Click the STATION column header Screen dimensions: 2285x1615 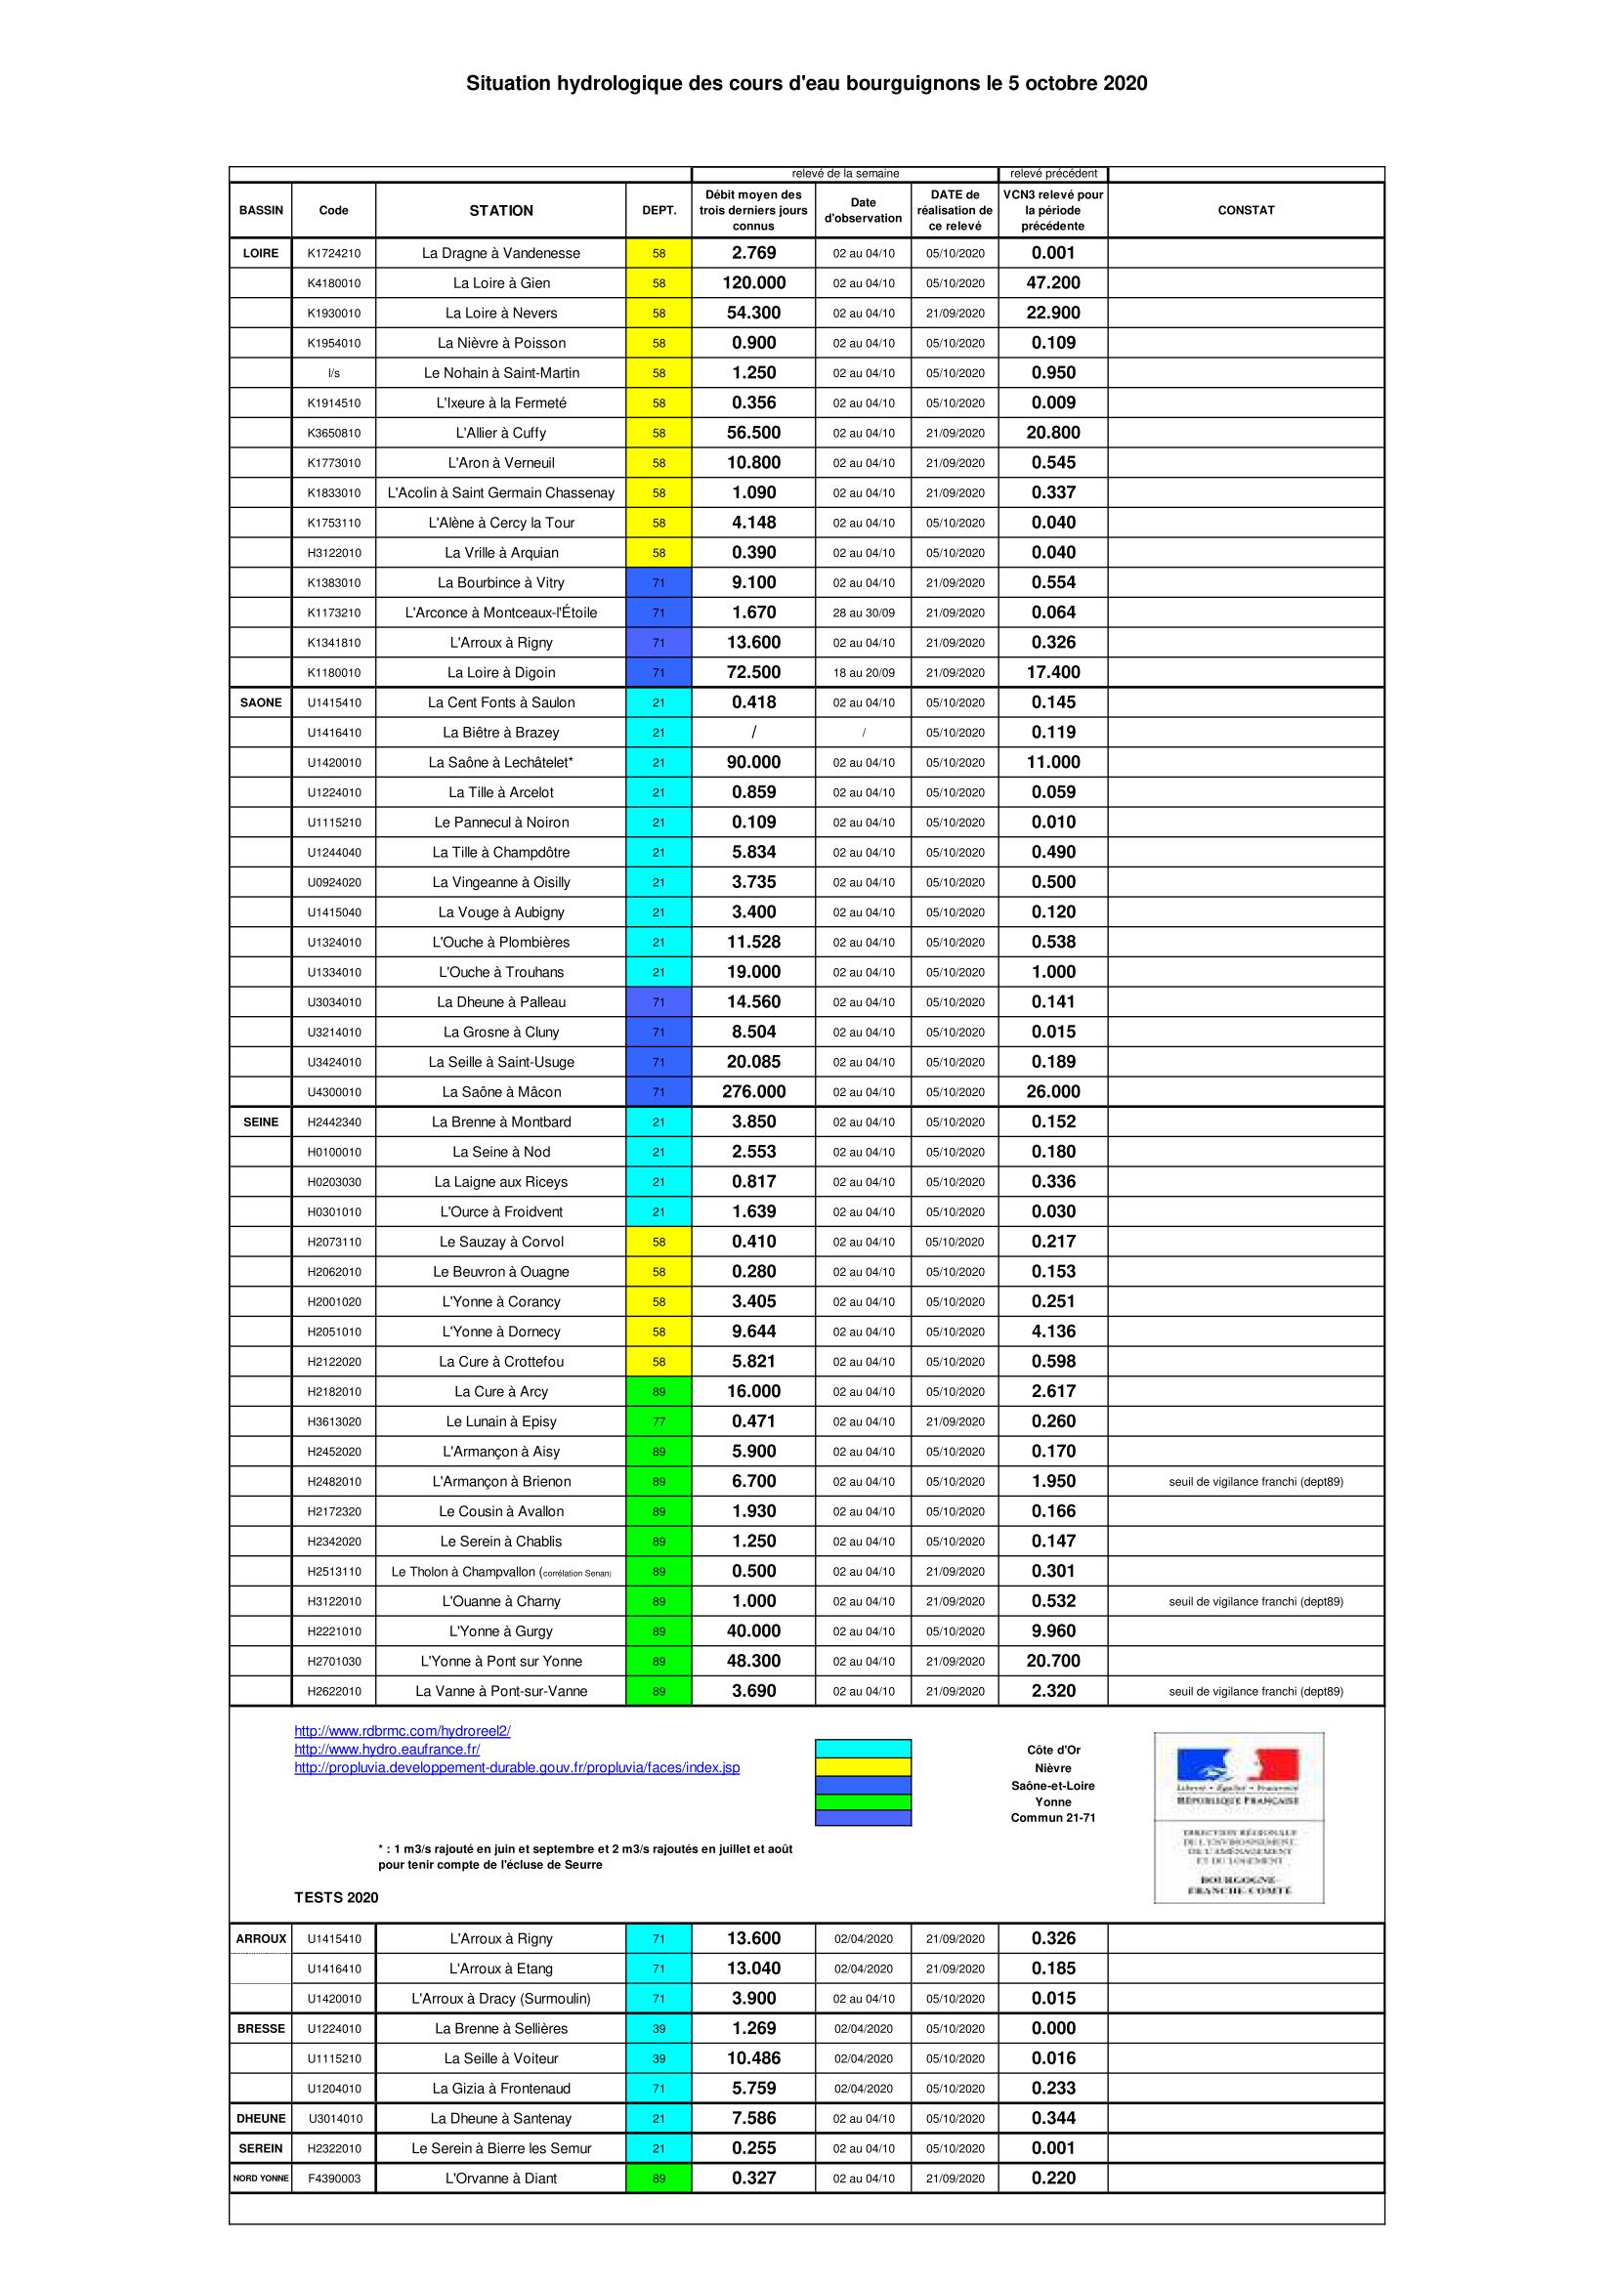500,210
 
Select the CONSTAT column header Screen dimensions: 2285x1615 1245,210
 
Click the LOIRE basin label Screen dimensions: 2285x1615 261,253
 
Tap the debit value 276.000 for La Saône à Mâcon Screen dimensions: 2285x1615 753,1092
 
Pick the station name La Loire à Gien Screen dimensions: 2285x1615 500,282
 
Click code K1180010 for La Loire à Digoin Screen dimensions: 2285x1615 333,673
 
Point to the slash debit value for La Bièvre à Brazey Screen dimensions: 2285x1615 753,733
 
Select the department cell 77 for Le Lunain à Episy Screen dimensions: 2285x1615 659,1421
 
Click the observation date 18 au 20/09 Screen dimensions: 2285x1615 863,673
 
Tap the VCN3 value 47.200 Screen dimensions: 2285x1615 1053,282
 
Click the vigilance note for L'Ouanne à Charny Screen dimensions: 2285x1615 1254,1601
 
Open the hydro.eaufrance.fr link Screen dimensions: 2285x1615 387,1749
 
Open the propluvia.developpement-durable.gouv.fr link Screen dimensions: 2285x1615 517,1767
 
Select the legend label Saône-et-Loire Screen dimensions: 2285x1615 1053,1786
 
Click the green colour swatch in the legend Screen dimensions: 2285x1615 863,1801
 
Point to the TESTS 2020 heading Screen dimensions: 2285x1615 336,1897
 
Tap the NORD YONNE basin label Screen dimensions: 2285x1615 261,2178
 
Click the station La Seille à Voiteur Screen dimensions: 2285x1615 500,2058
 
